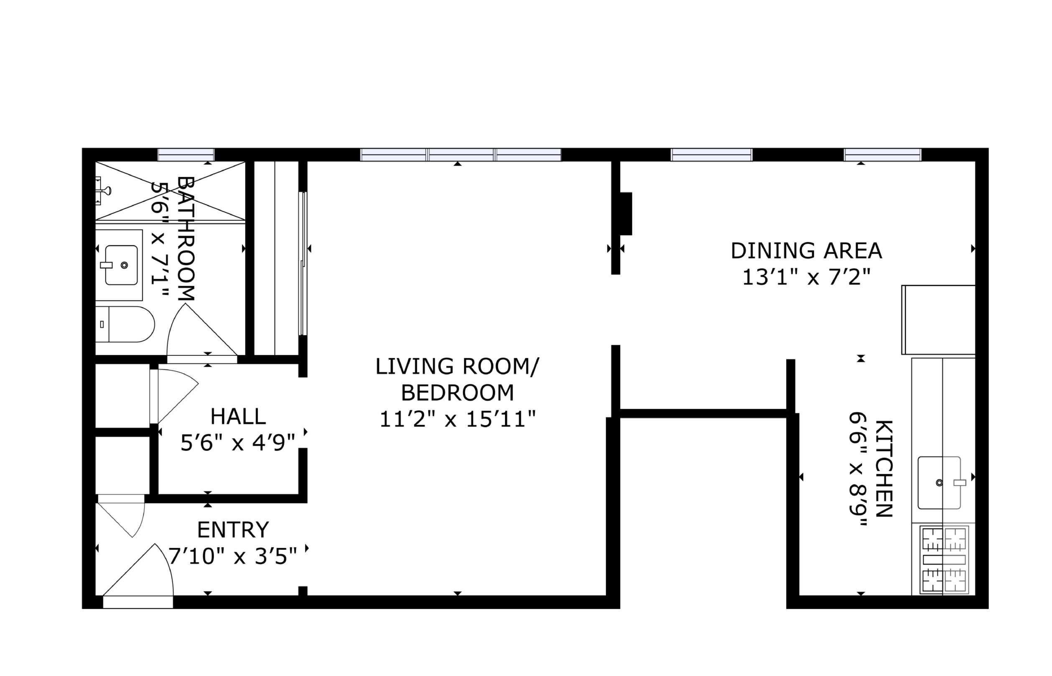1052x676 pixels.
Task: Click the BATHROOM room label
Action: [x=186, y=238]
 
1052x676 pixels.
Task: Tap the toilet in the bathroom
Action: [x=125, y=324]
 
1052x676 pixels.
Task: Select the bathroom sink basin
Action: [x=122, y=265]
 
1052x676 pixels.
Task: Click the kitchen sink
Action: [x=939, y=483]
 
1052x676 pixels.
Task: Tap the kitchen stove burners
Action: [x=944, y=560]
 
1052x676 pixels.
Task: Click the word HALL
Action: [x=238, y=416]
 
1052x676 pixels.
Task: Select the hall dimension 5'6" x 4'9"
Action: [x=237, y=442]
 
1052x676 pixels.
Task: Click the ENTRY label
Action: [x=233, y=530]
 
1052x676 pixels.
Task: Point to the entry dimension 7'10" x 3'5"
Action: [x=233, y=556]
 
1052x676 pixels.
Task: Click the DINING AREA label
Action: [x=806, y=251]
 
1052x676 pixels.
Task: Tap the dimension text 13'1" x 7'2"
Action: [x=806, y=277]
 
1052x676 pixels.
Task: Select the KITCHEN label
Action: [x=884, y=468]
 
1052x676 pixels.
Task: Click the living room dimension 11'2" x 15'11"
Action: [x=457, y=419]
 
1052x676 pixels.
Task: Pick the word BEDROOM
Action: [x=457, y=393]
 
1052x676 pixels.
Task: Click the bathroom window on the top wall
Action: [x=186, y=155]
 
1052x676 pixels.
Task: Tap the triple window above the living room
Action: [x=461, y=155]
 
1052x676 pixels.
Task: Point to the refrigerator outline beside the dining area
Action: [x=938, y=319]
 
